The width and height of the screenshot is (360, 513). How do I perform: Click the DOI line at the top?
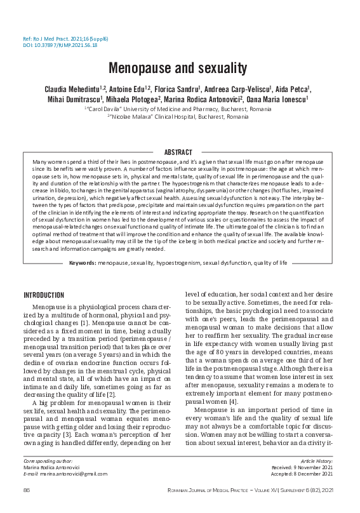(x=60, y=46)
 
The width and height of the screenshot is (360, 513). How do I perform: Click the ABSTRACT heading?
(x=178, y=152)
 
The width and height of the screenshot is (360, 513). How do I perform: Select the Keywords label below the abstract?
(x=84, y=262)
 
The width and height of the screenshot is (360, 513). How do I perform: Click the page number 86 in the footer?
(x=27, y=490)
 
